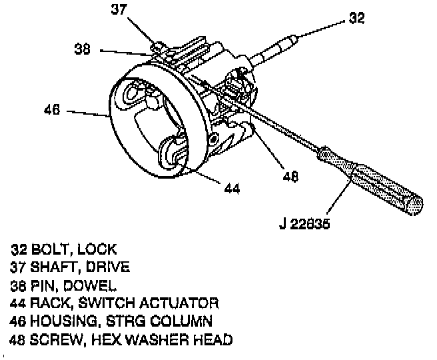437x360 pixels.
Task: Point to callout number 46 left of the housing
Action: point(53,110)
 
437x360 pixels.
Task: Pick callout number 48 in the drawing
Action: point(290,177)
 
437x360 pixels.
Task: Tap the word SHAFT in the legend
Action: point(55,267)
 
